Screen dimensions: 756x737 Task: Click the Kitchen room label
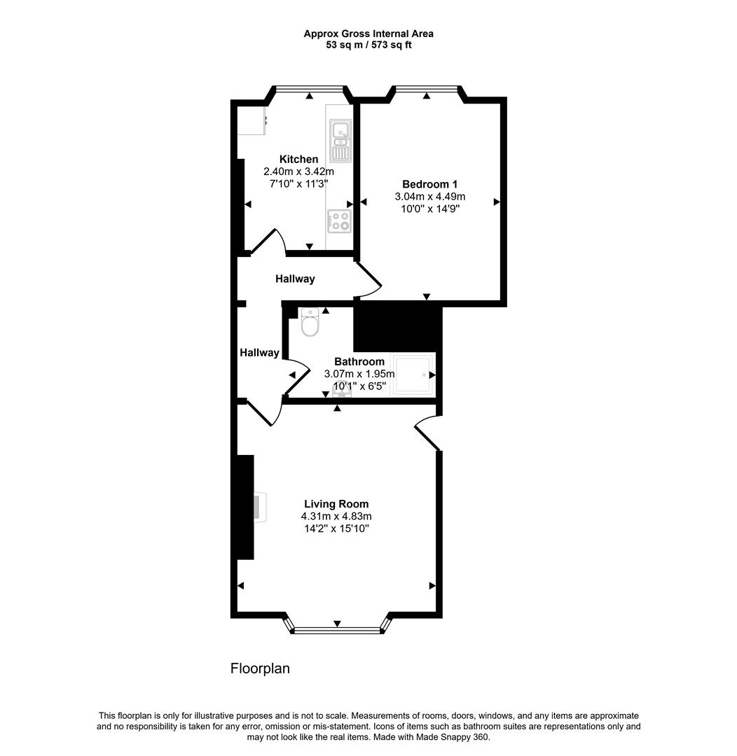(x=298, y=160)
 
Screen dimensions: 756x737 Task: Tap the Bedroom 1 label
(x=429, y=185)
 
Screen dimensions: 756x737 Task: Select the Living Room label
(x=336, y=504)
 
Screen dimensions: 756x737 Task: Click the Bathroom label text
(x=359, y=362)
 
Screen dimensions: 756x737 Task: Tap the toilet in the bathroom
(x=310, y=323)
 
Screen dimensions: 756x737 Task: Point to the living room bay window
(x=337, y=629)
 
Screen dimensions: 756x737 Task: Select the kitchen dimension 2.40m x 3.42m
(x=298, y=171)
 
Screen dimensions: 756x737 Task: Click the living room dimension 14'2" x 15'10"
(x=336, y=528)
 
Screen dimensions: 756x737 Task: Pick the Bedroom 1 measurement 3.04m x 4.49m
(x=429, y=197)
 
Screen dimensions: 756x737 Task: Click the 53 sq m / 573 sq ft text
(x=368, y=45)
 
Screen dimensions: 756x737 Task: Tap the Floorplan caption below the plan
(x=260, y=668)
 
